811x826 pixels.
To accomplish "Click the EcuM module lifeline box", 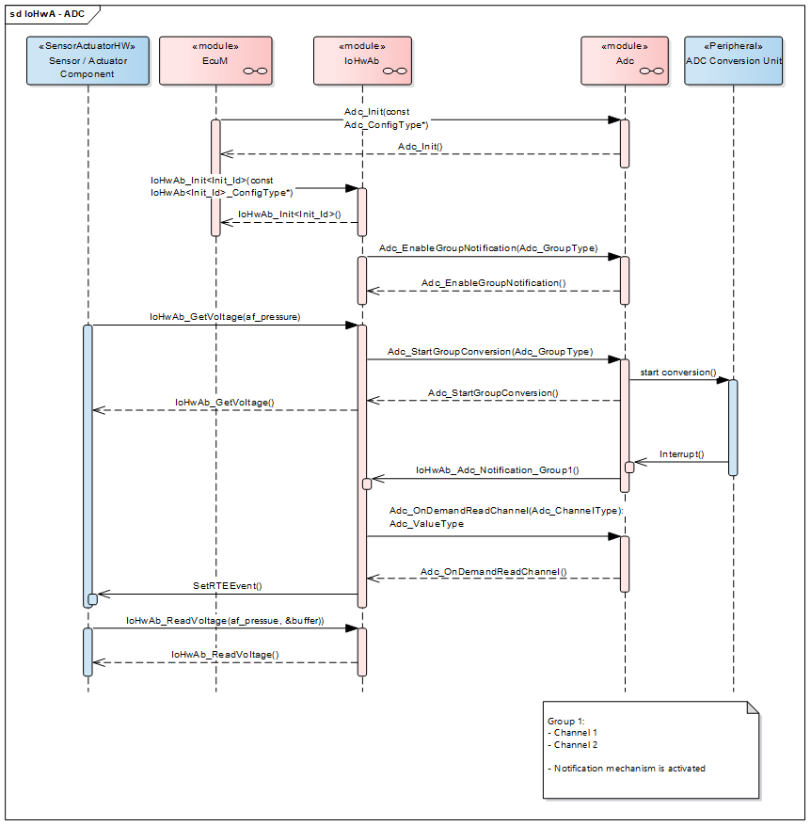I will [x=215, y=60].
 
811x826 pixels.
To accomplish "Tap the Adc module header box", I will [x=625, y=60].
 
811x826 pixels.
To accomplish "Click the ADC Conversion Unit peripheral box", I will [x=733, y=60].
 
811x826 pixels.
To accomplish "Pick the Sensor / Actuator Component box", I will [x=87, y=60].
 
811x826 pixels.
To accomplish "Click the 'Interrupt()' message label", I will [x=681, y=453].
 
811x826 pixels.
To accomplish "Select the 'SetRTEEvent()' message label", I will [x=227, y=585].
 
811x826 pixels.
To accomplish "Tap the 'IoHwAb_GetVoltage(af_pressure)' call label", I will [x=225, y=317].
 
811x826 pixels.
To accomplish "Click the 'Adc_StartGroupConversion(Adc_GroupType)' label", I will [x=490, y=351].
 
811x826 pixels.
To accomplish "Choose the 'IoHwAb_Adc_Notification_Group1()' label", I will [x=497, y=469].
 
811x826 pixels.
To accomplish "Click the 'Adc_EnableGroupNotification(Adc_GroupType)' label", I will [x=488, y=248].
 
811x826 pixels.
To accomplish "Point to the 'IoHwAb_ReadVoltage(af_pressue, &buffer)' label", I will [x=225, y=621].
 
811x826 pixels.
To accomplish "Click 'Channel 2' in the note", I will [x=575, y=744].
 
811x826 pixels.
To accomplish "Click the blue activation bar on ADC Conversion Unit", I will [x=733, y=427].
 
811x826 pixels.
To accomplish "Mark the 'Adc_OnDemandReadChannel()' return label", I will [x=494, y=571].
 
